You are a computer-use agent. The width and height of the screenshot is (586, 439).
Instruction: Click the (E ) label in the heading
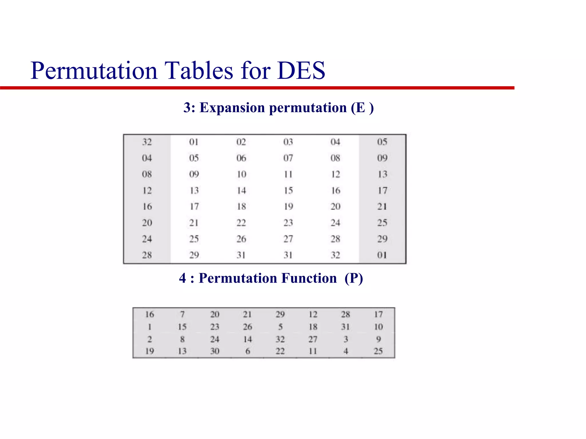(362, 108)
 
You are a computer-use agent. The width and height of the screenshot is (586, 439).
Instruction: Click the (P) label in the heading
(354, 278)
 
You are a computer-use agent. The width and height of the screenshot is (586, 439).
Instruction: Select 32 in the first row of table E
(147, 142)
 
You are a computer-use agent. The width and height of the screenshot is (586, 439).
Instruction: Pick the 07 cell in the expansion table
(288, 158)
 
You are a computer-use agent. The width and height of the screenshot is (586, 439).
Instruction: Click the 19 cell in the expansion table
(288, 206)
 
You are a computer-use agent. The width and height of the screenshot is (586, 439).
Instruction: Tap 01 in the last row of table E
(382, 255)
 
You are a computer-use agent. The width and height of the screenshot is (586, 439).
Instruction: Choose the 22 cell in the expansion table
(241, 223)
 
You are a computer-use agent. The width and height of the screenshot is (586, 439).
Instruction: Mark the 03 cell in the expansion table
(288, 142)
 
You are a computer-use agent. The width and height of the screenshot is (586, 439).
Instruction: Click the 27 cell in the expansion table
(288, 239)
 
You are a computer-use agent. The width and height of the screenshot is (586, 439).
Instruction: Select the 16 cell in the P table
(149, 314)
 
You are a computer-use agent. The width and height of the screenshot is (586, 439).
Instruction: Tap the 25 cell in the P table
(378, 351)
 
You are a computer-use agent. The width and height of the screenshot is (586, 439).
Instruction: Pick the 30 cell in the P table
(215, 351)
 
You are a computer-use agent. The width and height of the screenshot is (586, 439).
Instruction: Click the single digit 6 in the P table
(248, 351)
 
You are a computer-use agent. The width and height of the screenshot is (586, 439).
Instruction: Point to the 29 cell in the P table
(280, 314)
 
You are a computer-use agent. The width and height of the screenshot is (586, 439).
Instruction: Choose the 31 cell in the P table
(345, 327)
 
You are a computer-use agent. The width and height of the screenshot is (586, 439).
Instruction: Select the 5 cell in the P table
(280, 327)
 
